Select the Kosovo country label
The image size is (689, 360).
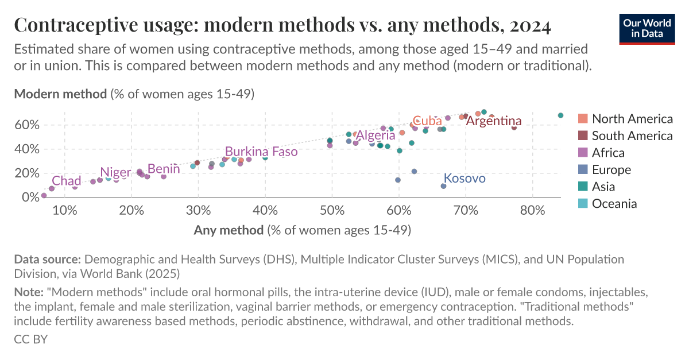465,178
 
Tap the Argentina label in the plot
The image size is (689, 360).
493,121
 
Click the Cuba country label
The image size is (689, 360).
427,121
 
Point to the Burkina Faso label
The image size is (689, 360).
261,152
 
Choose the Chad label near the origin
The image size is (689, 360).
67,181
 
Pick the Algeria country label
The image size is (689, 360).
376,136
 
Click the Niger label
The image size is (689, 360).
115,172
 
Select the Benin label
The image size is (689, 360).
164,169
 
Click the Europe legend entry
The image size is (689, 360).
611,169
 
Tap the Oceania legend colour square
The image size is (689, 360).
583,203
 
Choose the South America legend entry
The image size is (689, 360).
632,136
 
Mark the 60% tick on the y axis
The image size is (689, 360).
28,125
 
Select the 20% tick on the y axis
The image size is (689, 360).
28,173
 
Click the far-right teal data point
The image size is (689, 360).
560,115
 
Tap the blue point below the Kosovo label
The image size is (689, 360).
443,186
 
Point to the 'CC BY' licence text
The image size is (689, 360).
30,339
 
